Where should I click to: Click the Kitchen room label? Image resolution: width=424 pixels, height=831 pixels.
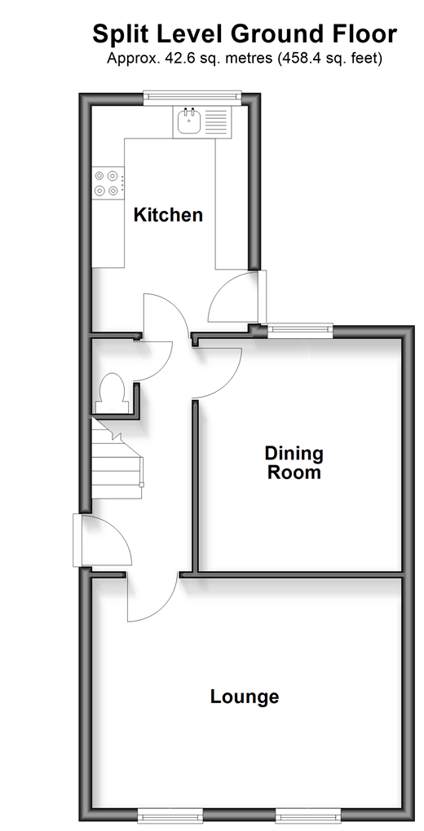168,214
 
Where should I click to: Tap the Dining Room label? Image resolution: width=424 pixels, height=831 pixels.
294,463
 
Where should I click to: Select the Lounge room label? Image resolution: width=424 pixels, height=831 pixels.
245,697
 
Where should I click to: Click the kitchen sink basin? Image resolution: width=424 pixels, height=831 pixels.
188,122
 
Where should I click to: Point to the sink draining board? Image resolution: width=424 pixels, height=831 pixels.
216,122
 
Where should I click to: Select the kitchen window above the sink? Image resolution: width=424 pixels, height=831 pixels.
192,96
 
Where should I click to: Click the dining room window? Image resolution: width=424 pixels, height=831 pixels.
300,331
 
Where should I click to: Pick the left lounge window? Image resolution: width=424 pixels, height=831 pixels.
170,816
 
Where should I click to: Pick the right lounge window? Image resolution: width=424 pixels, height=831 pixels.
307,816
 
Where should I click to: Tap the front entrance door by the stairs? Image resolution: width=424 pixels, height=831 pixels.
104,541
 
